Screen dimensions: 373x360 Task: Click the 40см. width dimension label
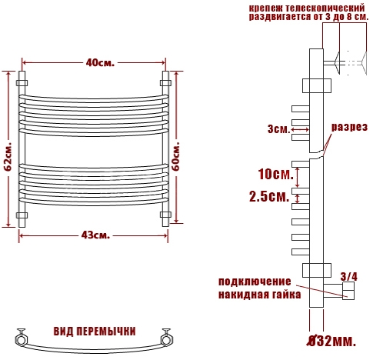coord(100,63)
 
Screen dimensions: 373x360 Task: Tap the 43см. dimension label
coord(95,235)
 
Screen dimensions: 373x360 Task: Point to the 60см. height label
coord(176,156)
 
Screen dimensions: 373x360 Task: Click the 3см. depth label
coord(278,129)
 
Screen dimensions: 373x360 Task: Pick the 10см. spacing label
coord(275,175)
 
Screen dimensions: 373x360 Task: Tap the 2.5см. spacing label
coord(269,197)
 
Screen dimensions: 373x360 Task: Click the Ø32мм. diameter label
coord(331,341)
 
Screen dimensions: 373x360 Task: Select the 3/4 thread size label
coord(349,277)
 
